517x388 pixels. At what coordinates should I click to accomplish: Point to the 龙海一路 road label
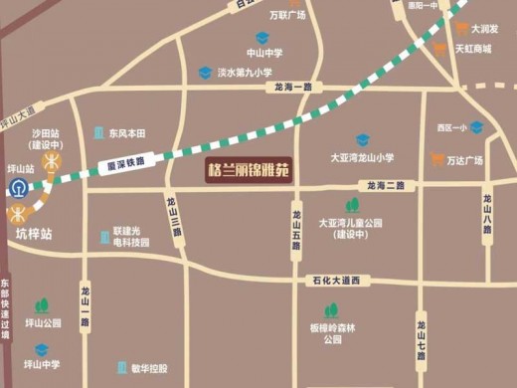[x=293, y=88]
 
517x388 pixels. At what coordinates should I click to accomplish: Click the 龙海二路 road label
[x=384, y=186]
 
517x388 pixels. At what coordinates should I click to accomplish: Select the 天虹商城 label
[x=473, y=48]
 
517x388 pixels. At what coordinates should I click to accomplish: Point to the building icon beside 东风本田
[x=98, y=132]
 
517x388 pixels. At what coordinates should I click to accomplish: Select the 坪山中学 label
[x=43, y=366]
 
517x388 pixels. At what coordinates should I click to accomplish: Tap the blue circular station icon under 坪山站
[x=19, y=188]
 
